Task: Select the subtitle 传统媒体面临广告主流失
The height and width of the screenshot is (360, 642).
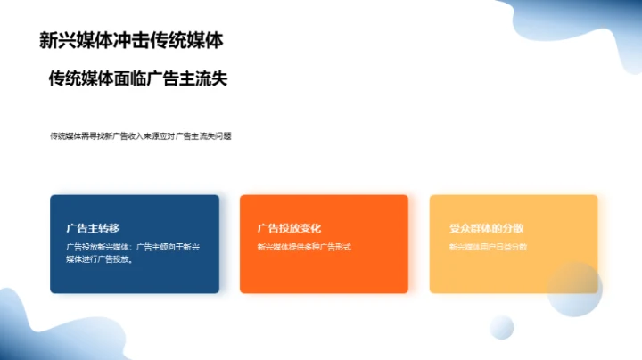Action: pos(138,78)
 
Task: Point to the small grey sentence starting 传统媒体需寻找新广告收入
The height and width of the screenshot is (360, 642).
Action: pos(141,136)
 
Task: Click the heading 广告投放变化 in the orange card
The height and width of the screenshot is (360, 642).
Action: pos(289,228)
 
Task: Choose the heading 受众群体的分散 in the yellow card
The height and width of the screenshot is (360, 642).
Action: pos(486,228)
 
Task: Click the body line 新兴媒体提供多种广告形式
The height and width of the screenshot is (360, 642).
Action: pos(304,247)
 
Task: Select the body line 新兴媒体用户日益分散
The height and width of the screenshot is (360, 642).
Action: pos(488,247)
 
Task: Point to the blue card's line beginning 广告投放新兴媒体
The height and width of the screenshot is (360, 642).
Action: pos(133,247)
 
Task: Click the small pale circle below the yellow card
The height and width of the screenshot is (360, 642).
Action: pos(502,326)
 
